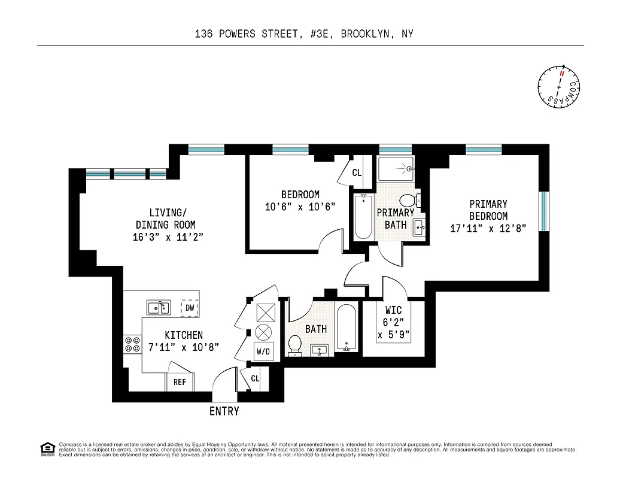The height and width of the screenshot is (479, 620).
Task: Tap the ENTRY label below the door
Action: (x=224, y=411)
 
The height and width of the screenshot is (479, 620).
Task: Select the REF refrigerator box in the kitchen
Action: (x=180, y=382)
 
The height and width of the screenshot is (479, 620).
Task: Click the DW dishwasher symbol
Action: (x=190, y=307)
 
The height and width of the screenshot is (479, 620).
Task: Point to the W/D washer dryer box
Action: (x=263, y=352)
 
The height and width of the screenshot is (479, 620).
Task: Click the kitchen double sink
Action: (x=159, y=308)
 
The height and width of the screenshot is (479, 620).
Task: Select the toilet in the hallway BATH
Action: (x=295, y=344)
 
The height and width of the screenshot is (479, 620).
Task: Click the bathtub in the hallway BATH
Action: (x=346, y=328)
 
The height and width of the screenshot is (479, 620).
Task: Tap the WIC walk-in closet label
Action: (x=393, y=311)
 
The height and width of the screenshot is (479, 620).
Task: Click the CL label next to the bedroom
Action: (x=357, y=173)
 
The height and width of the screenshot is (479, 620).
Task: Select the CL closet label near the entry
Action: (x=255, y=378)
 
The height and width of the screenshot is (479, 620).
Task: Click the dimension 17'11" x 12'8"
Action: (x=488, y=228)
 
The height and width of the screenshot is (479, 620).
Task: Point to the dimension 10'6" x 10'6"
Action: (x=300, y=207)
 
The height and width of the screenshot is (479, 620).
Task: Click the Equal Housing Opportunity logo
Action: (x=47, y=448)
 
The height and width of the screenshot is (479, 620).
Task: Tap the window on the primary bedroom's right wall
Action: (x=543, y=210)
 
